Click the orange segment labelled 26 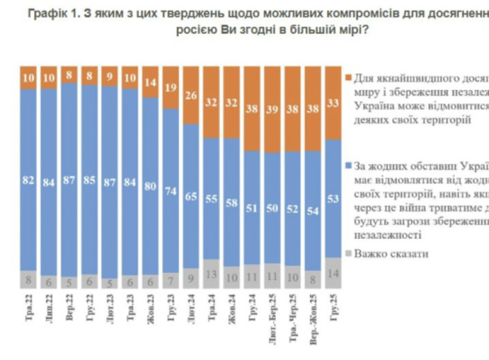point(191,95)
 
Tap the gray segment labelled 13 point(212,274)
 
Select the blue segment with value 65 point(191,196)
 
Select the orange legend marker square point(348,77)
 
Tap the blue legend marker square point(348,166)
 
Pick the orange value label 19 point(171,87)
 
